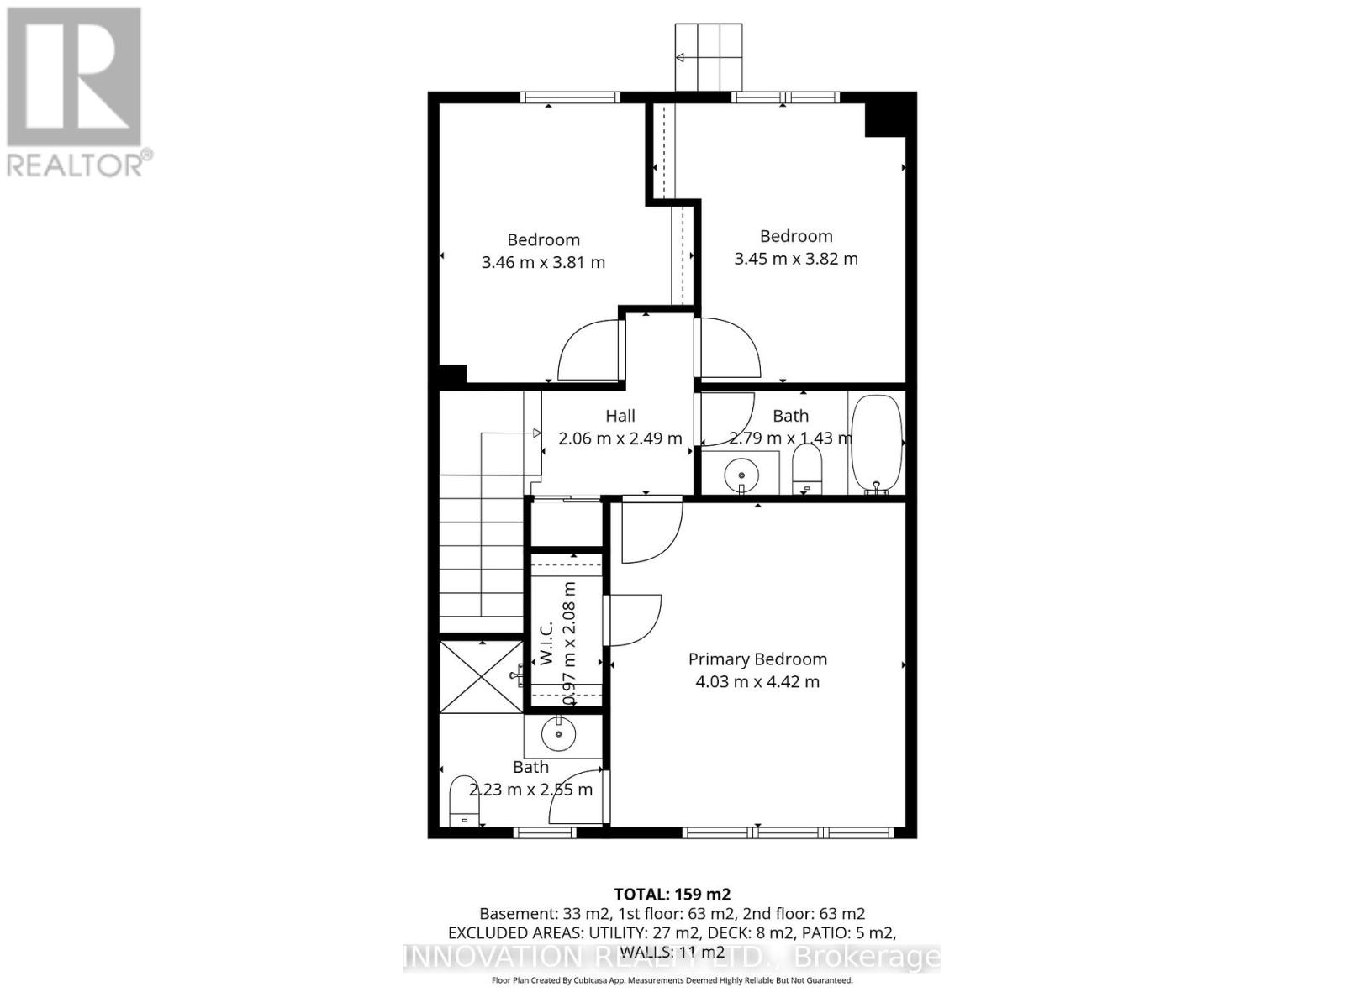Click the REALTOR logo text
click(x=80, y=163)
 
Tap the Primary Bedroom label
click(x=757, y=659)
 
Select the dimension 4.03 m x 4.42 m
click(x=757, y=681)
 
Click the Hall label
click(x=620, y=416)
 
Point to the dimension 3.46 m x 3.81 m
click(x=543, y=262)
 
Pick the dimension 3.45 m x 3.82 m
click(x=796, y=259)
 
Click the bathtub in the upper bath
click(x=877, y=444)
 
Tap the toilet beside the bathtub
click(x=807, y=468)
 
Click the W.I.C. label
click(x=546, y=643)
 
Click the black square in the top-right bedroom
click(x=885, y=114)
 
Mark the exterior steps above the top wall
click(x=710, y=56)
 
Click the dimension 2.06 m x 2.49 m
click(x=620, y=438)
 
